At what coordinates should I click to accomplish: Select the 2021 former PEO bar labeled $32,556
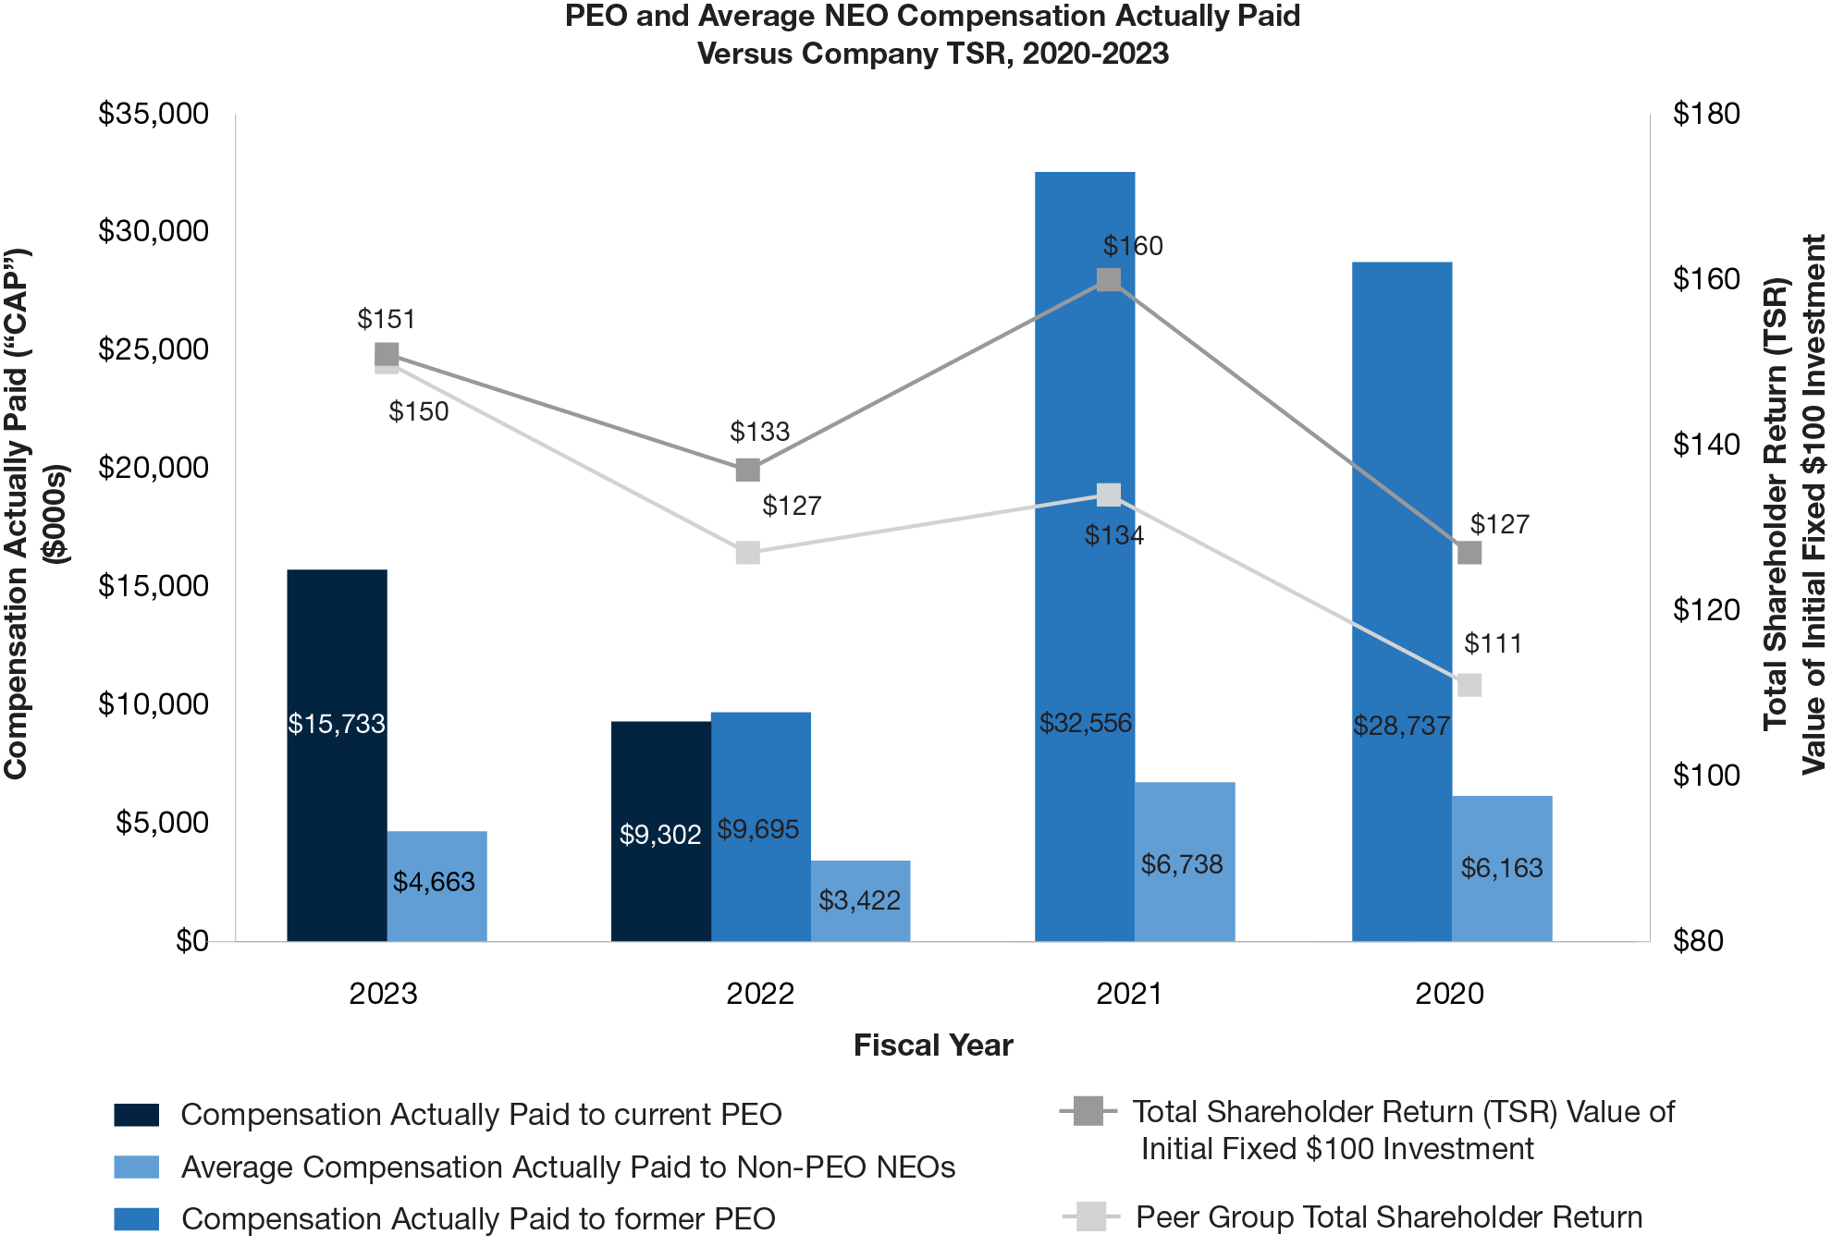click(1084, 555)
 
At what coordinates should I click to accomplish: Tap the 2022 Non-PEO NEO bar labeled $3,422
click(860, 900)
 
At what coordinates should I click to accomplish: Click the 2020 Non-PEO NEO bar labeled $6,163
click(1501, 868)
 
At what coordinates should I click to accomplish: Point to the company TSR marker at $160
click(1109, 279)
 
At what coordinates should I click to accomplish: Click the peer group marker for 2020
click(1469, 685)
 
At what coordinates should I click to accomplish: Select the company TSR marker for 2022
click(748, 470)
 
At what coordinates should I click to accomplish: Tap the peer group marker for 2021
click(1109, 495)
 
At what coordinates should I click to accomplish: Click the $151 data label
click(387, 319)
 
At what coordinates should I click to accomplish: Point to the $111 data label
click(1493, 643)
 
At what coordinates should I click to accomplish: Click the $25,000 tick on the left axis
click(154, 349)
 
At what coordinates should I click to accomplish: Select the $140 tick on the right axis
click(1706, 445)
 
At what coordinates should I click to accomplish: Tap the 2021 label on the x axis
click(1128, 994)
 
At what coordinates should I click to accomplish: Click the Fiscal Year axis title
click(933, 1045)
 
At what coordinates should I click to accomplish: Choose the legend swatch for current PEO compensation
click(137, 1115)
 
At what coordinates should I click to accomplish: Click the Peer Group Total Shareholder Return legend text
click(1388, 1217)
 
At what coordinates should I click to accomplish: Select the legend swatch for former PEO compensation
click(137, 1219)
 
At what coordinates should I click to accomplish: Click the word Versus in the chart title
click(744, 54)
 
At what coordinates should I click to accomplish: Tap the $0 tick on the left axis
click(192, 941)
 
